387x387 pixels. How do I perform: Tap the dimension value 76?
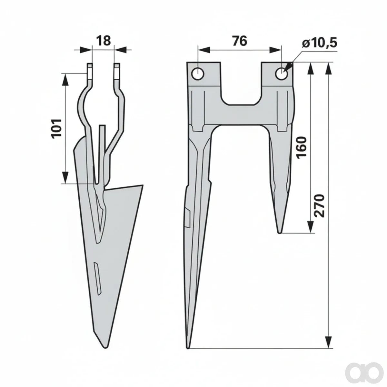coord(240,41)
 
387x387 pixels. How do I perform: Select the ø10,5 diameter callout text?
coord(319,44)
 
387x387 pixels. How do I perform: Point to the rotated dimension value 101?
coord(56,128)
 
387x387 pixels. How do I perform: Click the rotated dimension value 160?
coord(302,148)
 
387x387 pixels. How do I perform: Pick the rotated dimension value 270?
coord(319,206)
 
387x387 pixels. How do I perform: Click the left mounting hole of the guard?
coord(198,74)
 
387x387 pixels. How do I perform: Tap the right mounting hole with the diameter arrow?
coord(282,74)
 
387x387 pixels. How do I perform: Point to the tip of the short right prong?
coord(279,232)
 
